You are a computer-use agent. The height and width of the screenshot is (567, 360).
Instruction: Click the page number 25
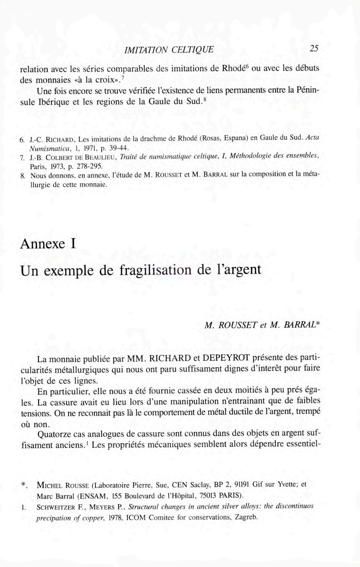314,49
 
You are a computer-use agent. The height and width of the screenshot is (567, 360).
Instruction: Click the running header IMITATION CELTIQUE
169,50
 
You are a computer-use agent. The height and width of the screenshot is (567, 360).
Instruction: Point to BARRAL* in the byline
301,325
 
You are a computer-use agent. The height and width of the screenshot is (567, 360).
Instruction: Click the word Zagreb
245,517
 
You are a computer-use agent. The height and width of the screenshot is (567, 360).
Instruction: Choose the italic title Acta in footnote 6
312,137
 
